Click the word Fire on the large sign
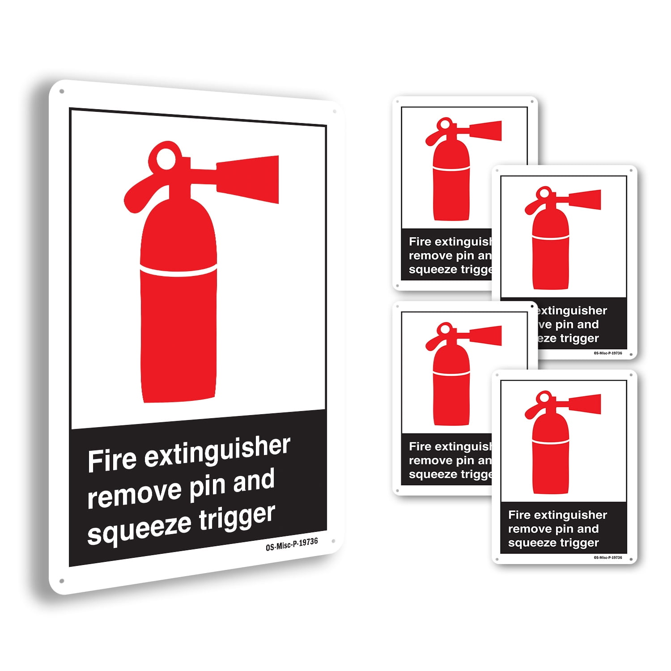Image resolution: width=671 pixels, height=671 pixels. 112,460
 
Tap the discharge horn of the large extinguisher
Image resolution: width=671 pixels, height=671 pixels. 248,179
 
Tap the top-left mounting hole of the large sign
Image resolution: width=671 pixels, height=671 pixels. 62,91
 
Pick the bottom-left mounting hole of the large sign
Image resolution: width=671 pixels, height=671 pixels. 62,581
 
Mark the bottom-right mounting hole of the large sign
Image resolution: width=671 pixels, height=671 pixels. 333,541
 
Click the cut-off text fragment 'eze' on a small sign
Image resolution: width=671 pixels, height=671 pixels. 547,339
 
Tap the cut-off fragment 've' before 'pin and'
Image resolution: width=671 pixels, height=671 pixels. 545,325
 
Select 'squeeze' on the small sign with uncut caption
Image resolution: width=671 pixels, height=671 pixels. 529,543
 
